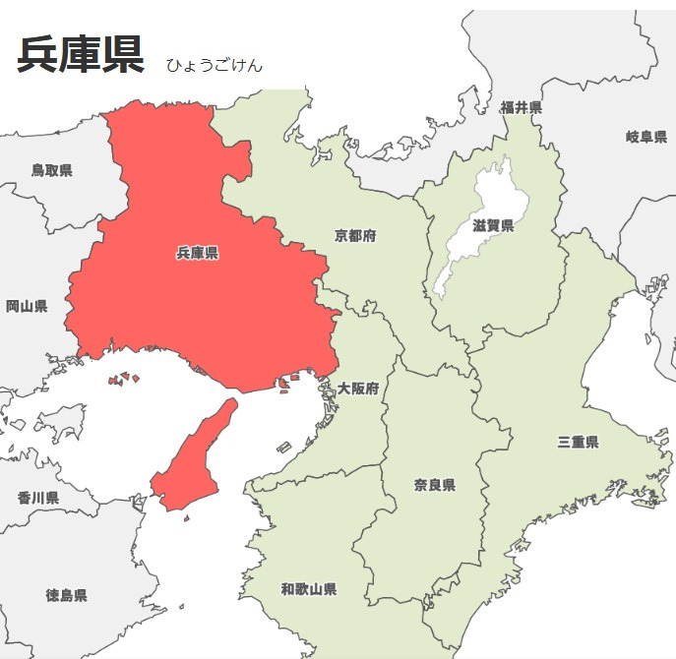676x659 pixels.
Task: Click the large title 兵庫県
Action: click(81, 54)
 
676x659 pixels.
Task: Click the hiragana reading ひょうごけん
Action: click(214, 66)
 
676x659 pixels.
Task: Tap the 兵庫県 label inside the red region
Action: click(198, 254)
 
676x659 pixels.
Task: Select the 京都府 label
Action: click(355, 236)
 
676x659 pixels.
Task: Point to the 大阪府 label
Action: click(358, 389)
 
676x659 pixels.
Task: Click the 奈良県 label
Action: click(434, 485)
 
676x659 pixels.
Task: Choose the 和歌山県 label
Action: click(309, 589)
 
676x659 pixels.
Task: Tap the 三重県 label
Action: click(578, 442)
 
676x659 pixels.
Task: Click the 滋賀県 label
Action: click(493, 226)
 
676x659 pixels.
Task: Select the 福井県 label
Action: click(521, 107)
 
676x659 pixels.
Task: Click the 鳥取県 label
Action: click(51, 170)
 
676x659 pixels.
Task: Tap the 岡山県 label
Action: click(27, 307)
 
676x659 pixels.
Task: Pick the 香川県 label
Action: click(37, 498)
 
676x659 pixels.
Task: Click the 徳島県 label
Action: click(66, 595)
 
